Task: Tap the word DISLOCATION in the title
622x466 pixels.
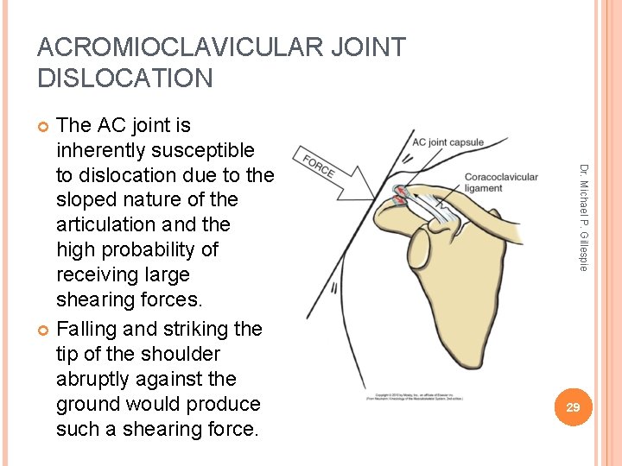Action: click(x=125, y=79)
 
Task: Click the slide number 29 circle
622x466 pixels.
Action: click(x=573, y=406)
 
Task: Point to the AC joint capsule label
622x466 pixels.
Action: click(x=447, y=142)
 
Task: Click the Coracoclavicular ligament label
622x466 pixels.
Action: click(x=501, y=183)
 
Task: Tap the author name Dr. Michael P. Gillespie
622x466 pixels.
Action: click(x=583, y=217)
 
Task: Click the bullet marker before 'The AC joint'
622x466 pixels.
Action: click(x=43, y=126)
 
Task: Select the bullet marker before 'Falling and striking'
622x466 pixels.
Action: click(x=43, y=330)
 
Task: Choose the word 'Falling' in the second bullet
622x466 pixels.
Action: click(x=90, y=329)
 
